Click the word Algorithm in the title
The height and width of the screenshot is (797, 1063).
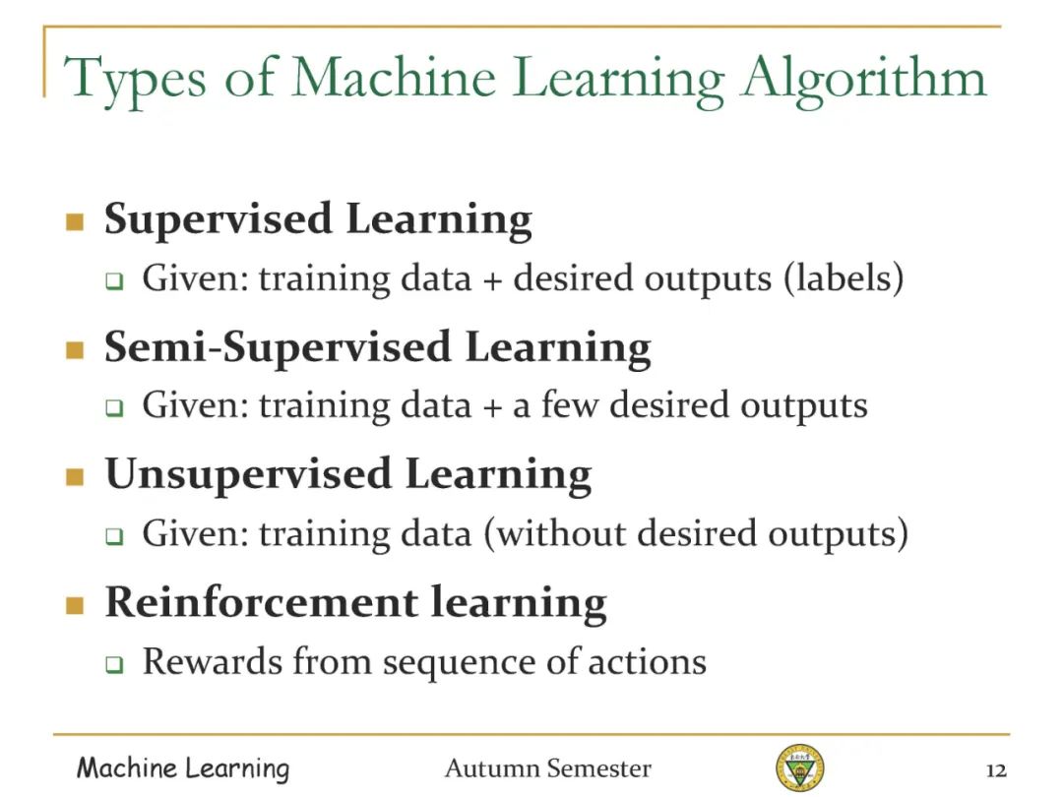pyautogui.click(x=864, y=80)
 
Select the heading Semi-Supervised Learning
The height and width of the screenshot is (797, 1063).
pyautogui.click(x=378, y=348)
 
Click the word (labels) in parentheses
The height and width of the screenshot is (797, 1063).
pyautogui.click(x=844, y=277)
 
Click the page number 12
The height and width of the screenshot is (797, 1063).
pyautogui.click(x=996, y=770)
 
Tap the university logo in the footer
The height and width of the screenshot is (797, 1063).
pyautogui.click(x=800, y=766)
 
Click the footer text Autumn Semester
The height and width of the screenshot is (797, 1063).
pyautogui.click(x=548, y=768)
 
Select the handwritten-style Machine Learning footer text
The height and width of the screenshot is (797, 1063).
pyautogui.click(x=183, y=768)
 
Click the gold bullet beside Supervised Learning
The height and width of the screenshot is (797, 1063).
pyautogui.click(x=75, y=221)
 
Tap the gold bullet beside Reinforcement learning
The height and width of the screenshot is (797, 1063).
pyautogui.click(x=75, y=604)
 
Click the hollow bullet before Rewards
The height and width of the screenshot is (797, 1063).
pyautogui.click(x=114, y=664)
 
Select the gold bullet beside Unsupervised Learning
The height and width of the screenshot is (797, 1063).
pyautogui.click(x=75, y=477)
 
